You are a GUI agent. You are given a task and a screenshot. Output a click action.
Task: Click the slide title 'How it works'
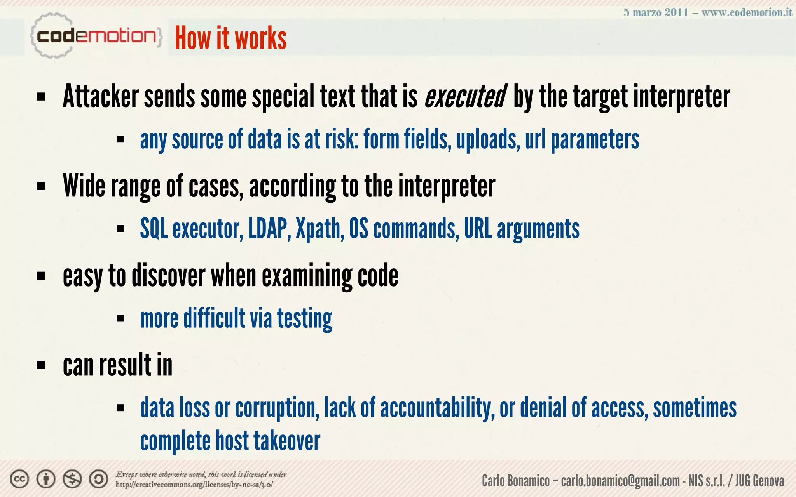(x=230, y=38)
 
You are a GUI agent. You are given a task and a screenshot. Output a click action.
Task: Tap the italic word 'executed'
(x=465, y=96)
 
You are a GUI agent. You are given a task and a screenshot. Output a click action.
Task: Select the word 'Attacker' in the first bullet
(x=101, y=96)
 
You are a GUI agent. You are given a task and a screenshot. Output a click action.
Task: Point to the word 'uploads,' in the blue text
(x=488, y=139)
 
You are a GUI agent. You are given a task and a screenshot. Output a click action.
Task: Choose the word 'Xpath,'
(x=320, y=229)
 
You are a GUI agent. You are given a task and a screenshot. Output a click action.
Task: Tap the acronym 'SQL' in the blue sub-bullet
(x=154, y=229)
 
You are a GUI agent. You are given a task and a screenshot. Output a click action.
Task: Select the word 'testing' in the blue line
(x=304, y=318)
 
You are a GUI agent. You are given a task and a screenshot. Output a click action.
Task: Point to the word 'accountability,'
(x=437, y=408)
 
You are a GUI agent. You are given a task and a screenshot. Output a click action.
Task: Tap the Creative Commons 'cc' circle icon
(x=19, y=480)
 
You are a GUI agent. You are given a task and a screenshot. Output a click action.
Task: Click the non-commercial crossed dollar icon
(x=72, y=480)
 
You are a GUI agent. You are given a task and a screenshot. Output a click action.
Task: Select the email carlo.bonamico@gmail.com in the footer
(x=620, y=481)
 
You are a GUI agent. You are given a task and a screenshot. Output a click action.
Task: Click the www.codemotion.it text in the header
(x=747, y=12)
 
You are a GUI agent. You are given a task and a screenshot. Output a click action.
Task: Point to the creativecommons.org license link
(x=194, y=485)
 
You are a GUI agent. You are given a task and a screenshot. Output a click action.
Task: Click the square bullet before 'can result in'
(x=41, y=365)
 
